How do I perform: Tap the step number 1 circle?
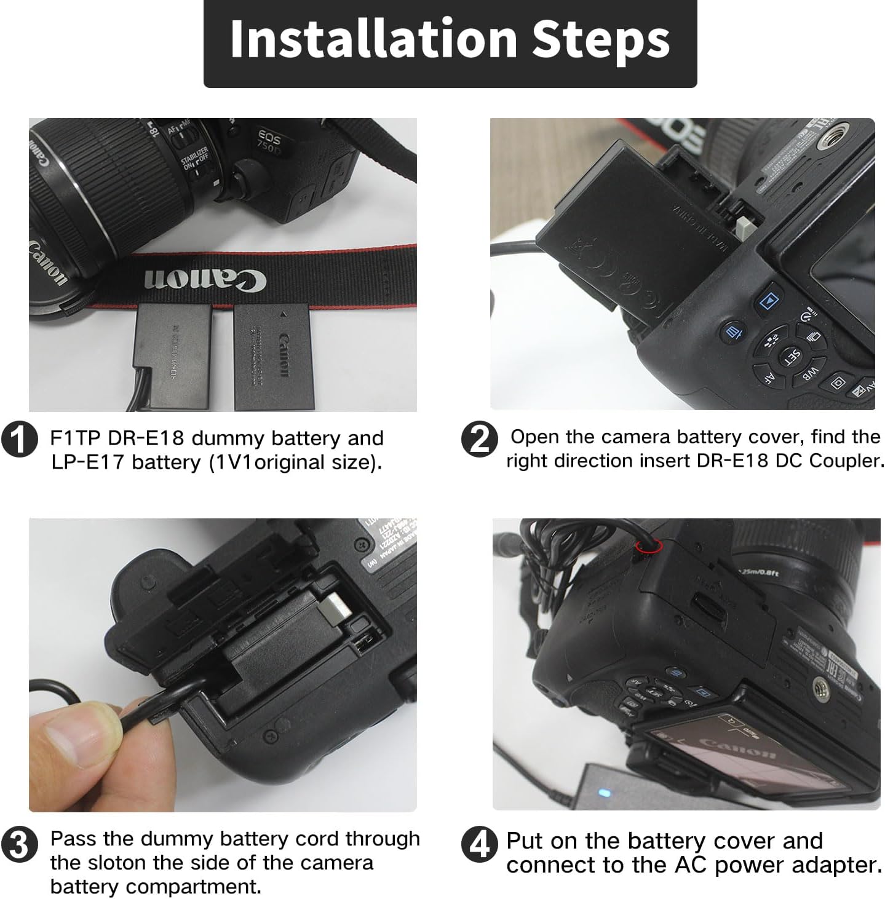(19, 439)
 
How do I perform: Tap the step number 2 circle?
(478, 439)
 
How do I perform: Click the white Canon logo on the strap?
(205, 279)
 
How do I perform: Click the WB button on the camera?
(811, 373)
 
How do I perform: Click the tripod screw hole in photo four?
(820, 683)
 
